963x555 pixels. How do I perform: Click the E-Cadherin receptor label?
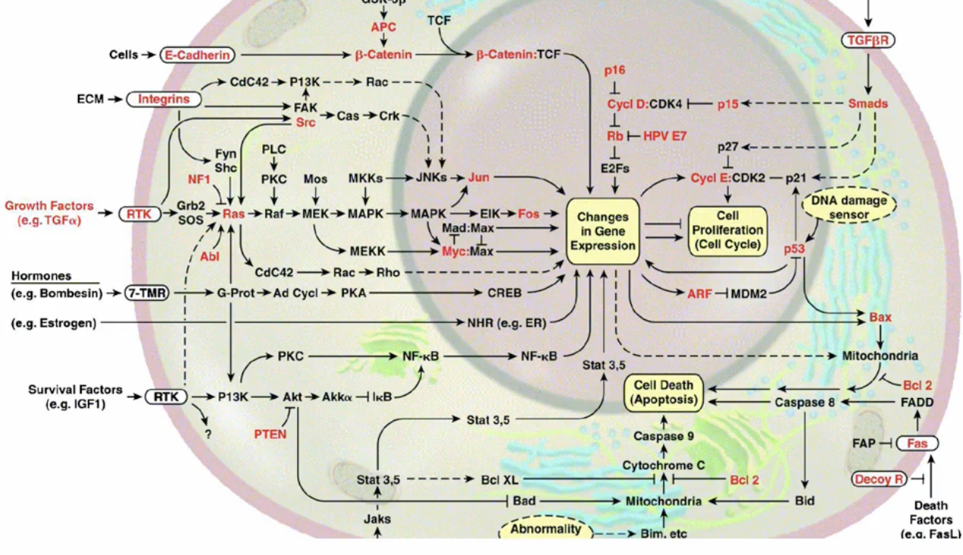pyautogui.click(x=197, y=55)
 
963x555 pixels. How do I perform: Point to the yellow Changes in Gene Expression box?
pyautogui.click(x=603, y=231)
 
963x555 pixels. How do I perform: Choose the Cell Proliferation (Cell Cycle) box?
pyautogui.click(x=727, y=231)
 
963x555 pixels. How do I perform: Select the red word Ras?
pyautogui.click(x=233, y=215)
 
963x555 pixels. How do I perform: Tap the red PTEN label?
pyautogui.click(x=270, y=434)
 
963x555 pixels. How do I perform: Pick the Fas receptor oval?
pyautogui.click(x=917, y=443)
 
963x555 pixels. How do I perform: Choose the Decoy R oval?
pyautogui.click(x=878, y=479)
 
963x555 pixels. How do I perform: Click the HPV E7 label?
pyautogui.click(x=664, y=136)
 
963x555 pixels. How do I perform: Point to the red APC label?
pyautogui.click(x=383, y=27)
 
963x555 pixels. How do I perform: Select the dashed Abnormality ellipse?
pyautogui.click(x=546, y=529)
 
